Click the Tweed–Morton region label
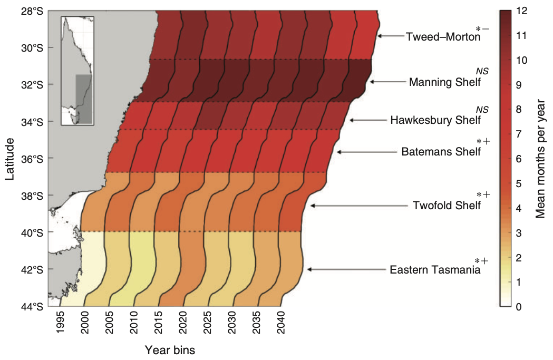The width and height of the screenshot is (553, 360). coord(443,37)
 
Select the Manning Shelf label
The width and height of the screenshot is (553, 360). coord(445,82)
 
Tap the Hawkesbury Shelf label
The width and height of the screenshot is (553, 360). coord(435,120)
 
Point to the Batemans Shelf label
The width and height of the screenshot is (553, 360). coord(441,152)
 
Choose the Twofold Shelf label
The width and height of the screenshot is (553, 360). coord(447,205)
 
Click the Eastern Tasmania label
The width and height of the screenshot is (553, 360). coord(435,270)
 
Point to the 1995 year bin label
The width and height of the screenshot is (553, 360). coord(60,322)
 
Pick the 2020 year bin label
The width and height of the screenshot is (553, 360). coord(182,322)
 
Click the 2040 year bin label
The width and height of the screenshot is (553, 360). coord(280,322)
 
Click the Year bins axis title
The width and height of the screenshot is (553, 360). coord(170,350)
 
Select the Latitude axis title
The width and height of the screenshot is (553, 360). coord(9,159)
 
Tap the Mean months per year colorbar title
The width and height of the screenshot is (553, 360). coord(540,159)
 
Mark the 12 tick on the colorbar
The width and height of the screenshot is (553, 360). coord(521,11)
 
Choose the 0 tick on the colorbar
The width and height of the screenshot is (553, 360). coord(518,307)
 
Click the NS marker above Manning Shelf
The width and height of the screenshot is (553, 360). coord(482,71)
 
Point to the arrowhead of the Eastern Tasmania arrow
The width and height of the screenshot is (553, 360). coord(310,269)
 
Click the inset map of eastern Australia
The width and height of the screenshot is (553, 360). coord(77,71)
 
